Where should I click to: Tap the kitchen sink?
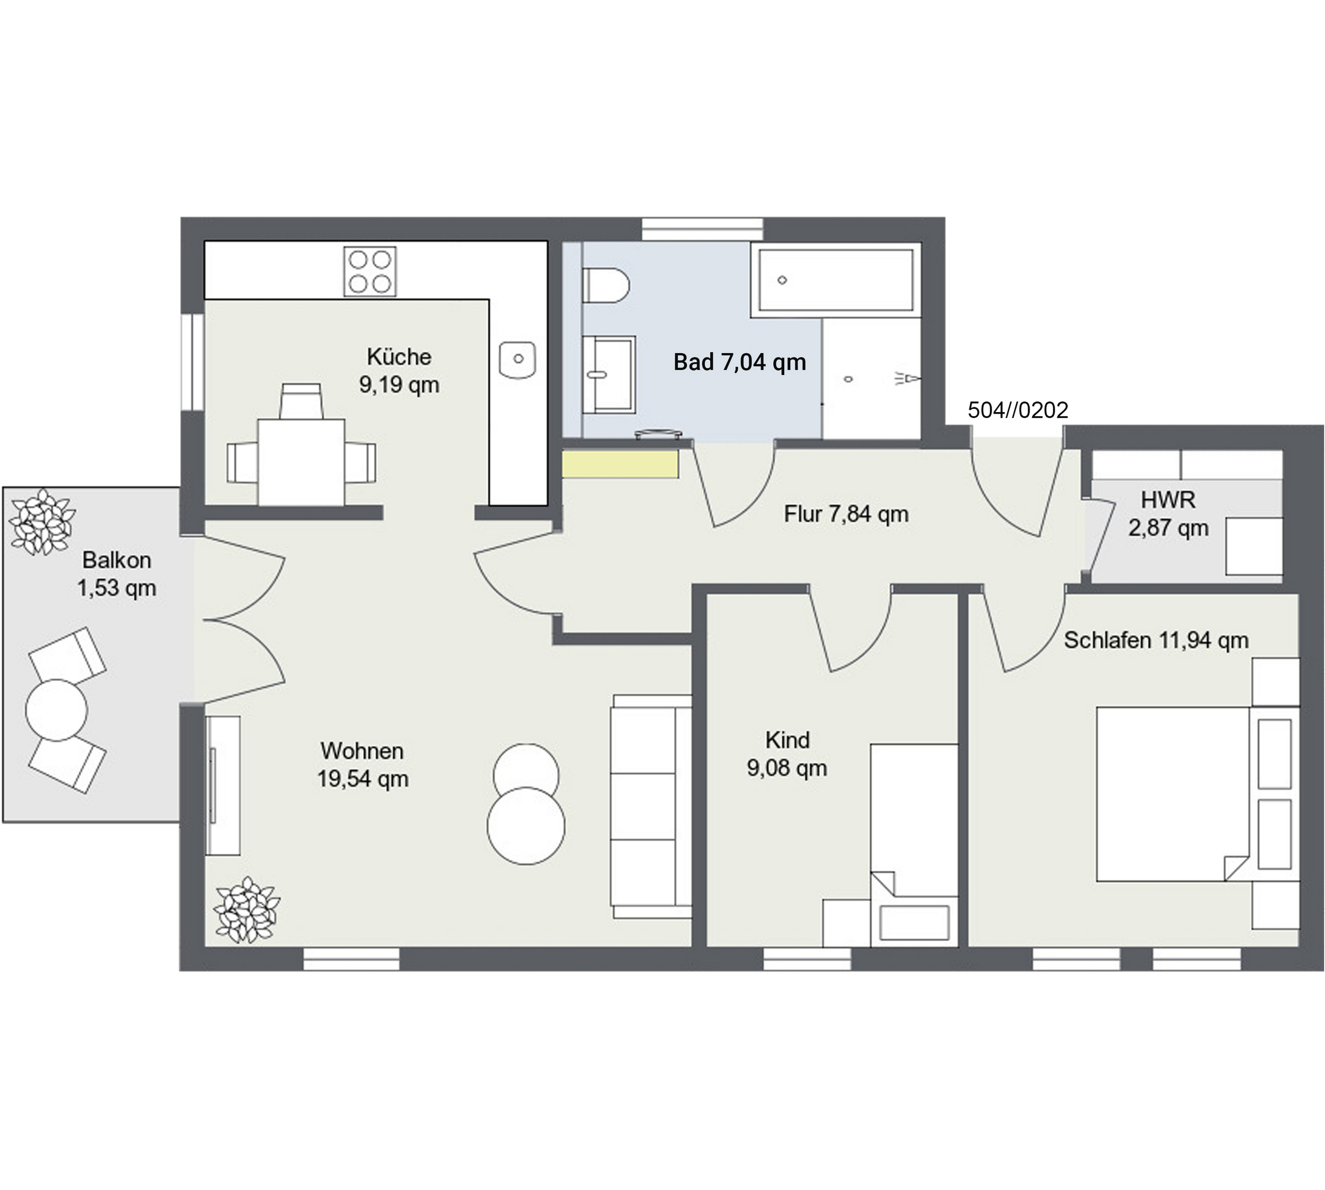point(517,359)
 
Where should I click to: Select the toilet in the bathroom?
point(606,286)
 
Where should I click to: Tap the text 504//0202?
point(1018,410)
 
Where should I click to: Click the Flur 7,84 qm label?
point(846,514)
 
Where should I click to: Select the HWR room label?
point(1168,514)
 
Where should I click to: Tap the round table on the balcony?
point(57,710)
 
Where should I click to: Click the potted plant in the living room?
point(248,909)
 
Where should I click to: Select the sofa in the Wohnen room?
point(651,807)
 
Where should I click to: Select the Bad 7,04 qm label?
point(739,362)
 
